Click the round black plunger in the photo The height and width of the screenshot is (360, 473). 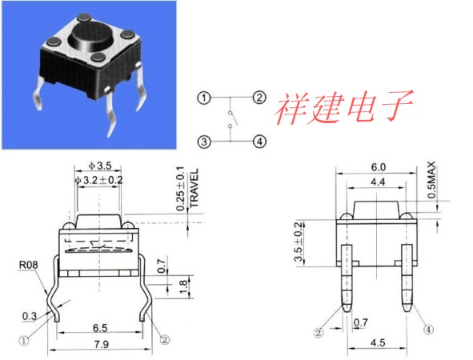click(86, 36)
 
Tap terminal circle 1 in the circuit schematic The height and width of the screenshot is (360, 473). click(204, 98)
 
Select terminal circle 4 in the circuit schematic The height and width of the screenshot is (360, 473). click(259, 142)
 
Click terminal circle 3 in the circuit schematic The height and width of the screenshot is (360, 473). click(204, 142)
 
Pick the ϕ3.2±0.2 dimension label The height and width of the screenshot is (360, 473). click(99, 180)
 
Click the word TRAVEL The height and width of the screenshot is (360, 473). click(194, 187)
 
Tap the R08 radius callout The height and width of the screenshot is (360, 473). click(29, 265)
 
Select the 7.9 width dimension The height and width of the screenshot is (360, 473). click(102, 344)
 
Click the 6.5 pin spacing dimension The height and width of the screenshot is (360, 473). click(100, 328)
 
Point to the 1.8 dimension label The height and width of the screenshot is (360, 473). click(183, 286)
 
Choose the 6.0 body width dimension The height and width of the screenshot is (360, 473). click(378, 167)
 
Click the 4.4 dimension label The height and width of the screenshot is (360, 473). click(378, 182)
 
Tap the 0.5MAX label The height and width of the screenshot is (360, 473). click(431, 180)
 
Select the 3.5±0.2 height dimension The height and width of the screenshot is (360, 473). click(299, 242)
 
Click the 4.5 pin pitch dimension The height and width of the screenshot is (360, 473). click(378, 343)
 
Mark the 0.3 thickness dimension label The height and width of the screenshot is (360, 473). click(30, 316)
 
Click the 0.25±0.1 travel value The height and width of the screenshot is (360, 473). click(180, 189)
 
